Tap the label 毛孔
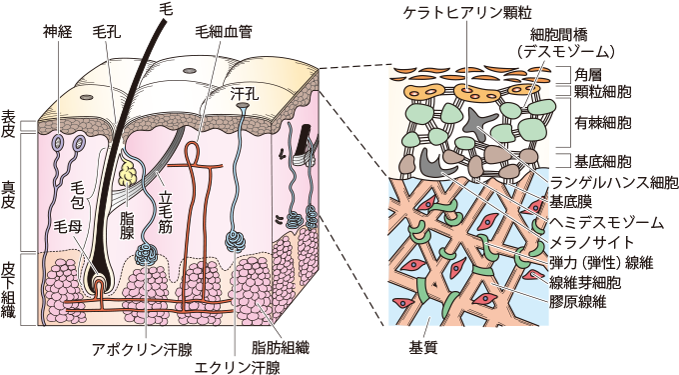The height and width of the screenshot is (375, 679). [106, 31]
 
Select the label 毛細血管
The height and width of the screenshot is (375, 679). [223, 31]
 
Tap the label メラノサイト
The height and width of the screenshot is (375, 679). [591, 241]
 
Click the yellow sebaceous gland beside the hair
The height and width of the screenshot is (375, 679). [129, 175]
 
